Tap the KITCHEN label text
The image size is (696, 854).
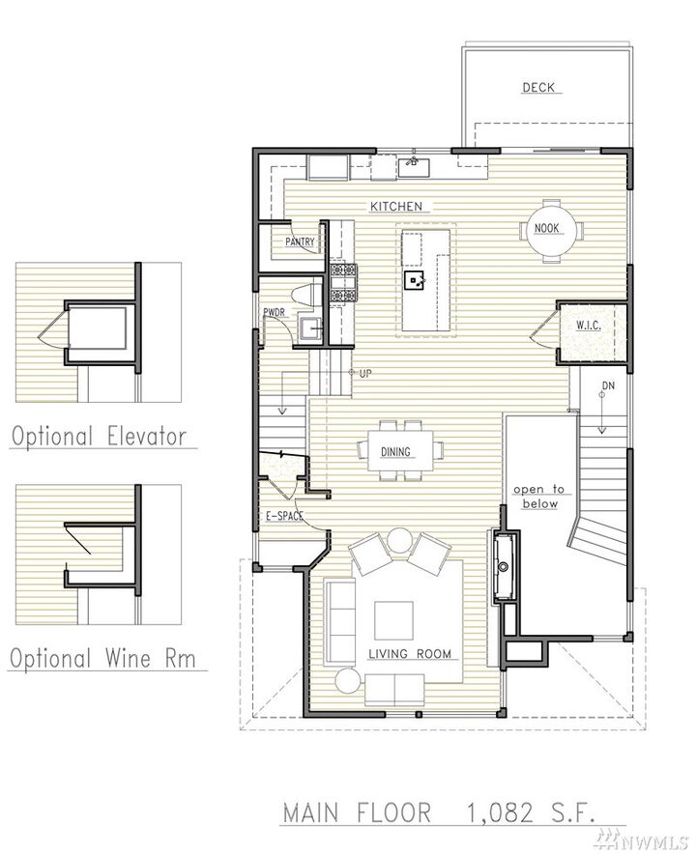click(x=396, y=207)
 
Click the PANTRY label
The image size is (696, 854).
click(x=300, y=242)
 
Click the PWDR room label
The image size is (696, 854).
click(x=274, y=312)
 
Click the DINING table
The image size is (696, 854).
click(x=395, y=451)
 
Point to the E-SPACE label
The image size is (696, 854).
click(x=284, y=517)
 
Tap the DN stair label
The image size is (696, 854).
click(x=608, y=386)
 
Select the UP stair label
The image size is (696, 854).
click(x=364, y=373)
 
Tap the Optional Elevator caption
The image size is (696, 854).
click(x=98, y=436)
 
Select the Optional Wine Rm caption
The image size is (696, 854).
click(x=102, y=659)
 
